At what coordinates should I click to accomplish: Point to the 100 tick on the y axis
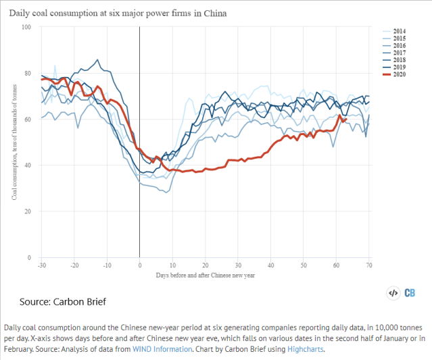26,27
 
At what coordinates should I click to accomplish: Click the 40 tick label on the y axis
28,165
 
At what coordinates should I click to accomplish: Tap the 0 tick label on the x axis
139,266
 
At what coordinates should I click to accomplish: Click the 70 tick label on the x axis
368,266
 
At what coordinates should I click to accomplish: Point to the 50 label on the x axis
303,266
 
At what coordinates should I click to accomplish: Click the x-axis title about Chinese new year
205,276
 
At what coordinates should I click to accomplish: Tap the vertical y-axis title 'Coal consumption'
14,142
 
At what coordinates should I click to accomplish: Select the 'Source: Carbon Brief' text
62,301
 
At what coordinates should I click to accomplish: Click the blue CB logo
410,293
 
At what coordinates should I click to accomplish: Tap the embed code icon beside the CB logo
392,293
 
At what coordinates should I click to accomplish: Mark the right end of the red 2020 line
345,120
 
